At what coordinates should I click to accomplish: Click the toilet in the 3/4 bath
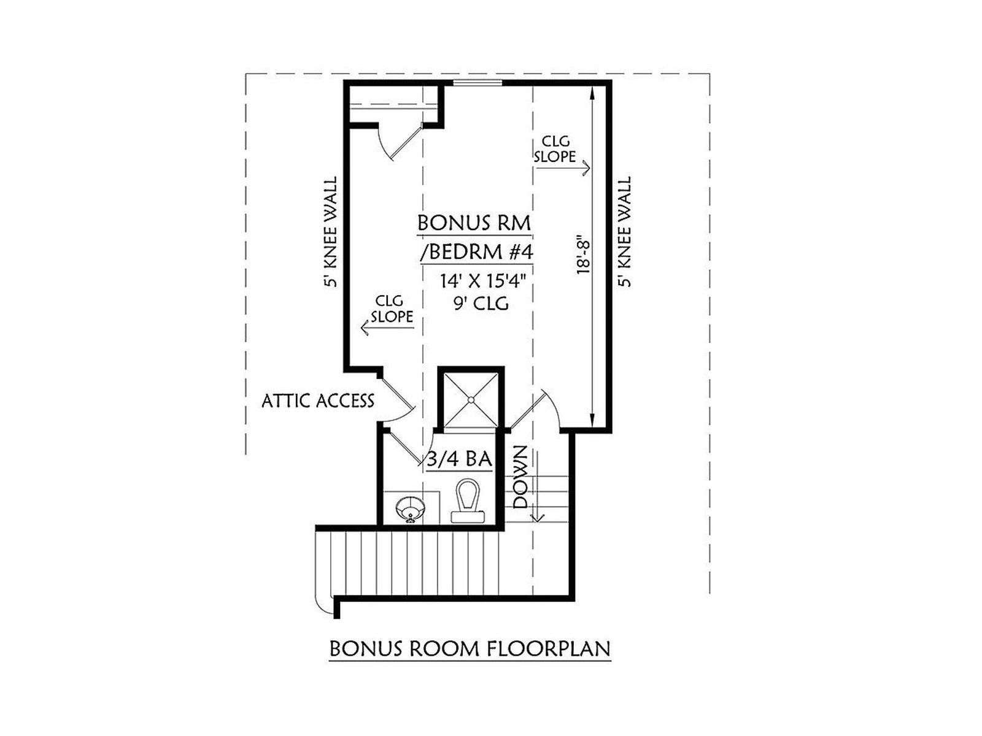468,500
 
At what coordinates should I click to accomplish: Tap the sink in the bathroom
411,509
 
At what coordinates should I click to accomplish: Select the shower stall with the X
471,399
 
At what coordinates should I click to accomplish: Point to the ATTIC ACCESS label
318,401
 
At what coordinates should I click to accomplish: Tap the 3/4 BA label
460,459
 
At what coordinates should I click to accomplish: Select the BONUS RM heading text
474,223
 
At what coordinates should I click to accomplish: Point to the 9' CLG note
481,304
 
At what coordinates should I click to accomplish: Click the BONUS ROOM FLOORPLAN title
470,648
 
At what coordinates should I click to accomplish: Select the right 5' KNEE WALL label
624,231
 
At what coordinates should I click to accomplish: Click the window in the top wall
477,82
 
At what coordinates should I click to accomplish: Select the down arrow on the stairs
537,486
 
